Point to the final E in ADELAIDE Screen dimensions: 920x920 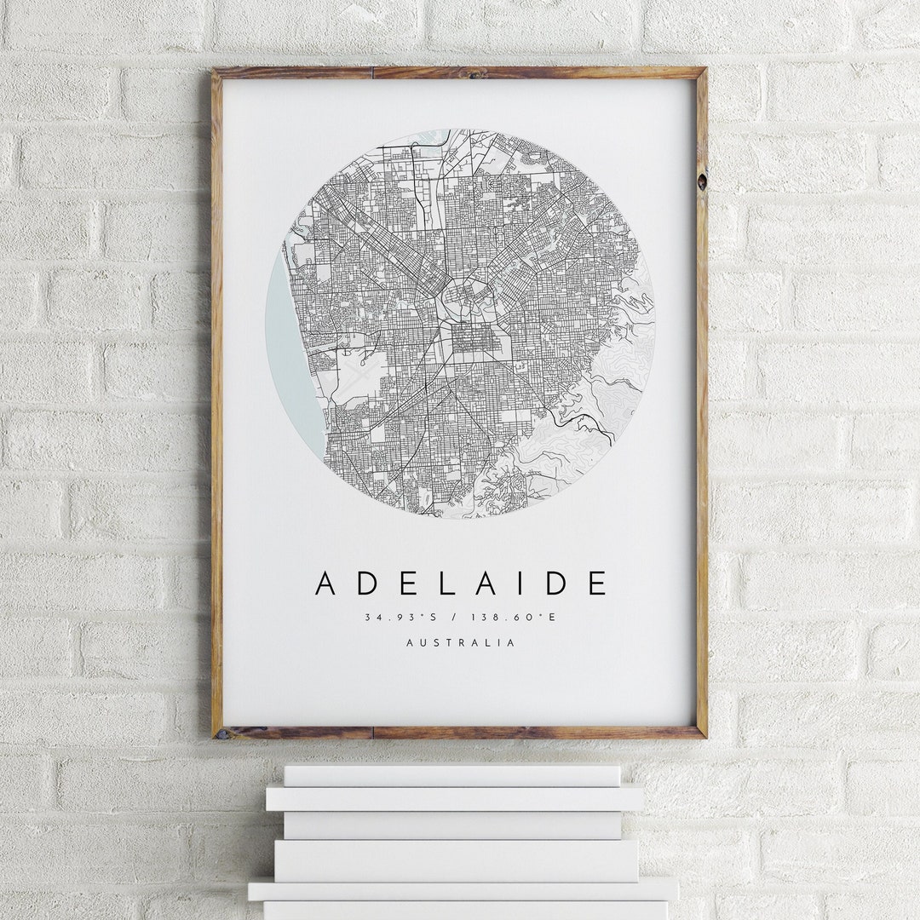[596, 584]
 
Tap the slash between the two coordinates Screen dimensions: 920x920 [458, 617]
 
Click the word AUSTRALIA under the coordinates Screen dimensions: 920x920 [460, 643]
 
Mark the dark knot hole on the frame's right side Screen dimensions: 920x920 [701, 181]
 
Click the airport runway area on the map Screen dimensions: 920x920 [357, 376]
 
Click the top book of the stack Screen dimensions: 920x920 [451, 775]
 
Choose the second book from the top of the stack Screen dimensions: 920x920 [454, 799]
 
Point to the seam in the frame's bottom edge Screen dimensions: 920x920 [372, 733]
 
